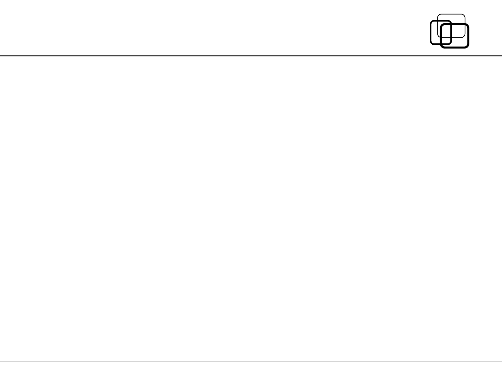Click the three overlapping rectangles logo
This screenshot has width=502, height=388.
coord(449,31)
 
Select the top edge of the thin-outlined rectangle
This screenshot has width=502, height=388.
coord(451,14)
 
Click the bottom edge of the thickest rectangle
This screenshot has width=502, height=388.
coord(454,48)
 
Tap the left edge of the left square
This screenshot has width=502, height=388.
coord(430,32)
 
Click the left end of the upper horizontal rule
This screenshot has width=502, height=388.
coord(0,56)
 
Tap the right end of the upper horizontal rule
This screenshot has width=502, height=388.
coord(501,56)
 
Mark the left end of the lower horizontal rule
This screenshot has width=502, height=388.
coord(0,361)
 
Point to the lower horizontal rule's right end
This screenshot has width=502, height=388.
coord(501,361)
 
